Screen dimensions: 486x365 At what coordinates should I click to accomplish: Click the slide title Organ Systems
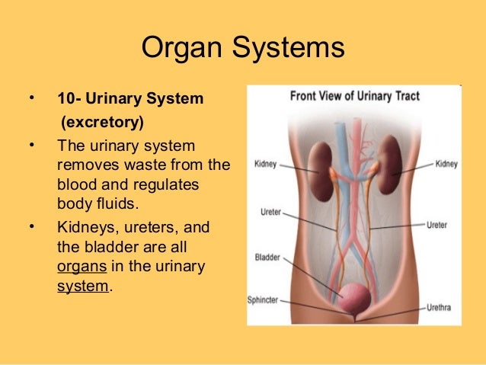pos(243,49)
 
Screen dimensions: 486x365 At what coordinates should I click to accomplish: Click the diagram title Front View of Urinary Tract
pos(354,97)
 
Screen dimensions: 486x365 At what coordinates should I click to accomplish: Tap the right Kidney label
pos(446,164)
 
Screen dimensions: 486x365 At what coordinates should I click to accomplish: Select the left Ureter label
pos(270,213)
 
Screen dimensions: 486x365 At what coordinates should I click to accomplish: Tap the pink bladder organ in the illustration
pos(355,297)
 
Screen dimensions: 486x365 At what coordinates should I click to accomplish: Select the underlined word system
pos(84,287)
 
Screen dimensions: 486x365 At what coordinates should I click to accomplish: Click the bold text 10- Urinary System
pos(129,99)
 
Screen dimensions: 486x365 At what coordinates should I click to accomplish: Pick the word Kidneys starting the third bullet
pos(85,228)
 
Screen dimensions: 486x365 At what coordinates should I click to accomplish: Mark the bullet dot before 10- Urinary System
pos(31,98)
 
